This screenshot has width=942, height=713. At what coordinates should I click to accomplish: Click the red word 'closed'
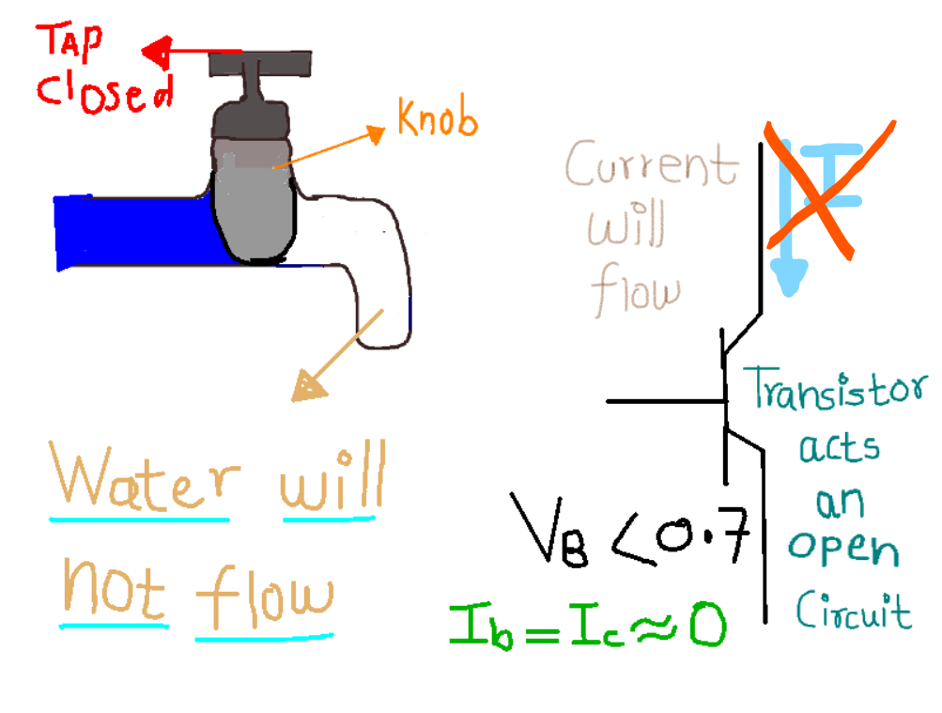(x=103, y=91)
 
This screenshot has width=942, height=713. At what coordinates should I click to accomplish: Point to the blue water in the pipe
(x=131, y=231)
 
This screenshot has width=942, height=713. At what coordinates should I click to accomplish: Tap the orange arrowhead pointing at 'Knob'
(x=377, y=134)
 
